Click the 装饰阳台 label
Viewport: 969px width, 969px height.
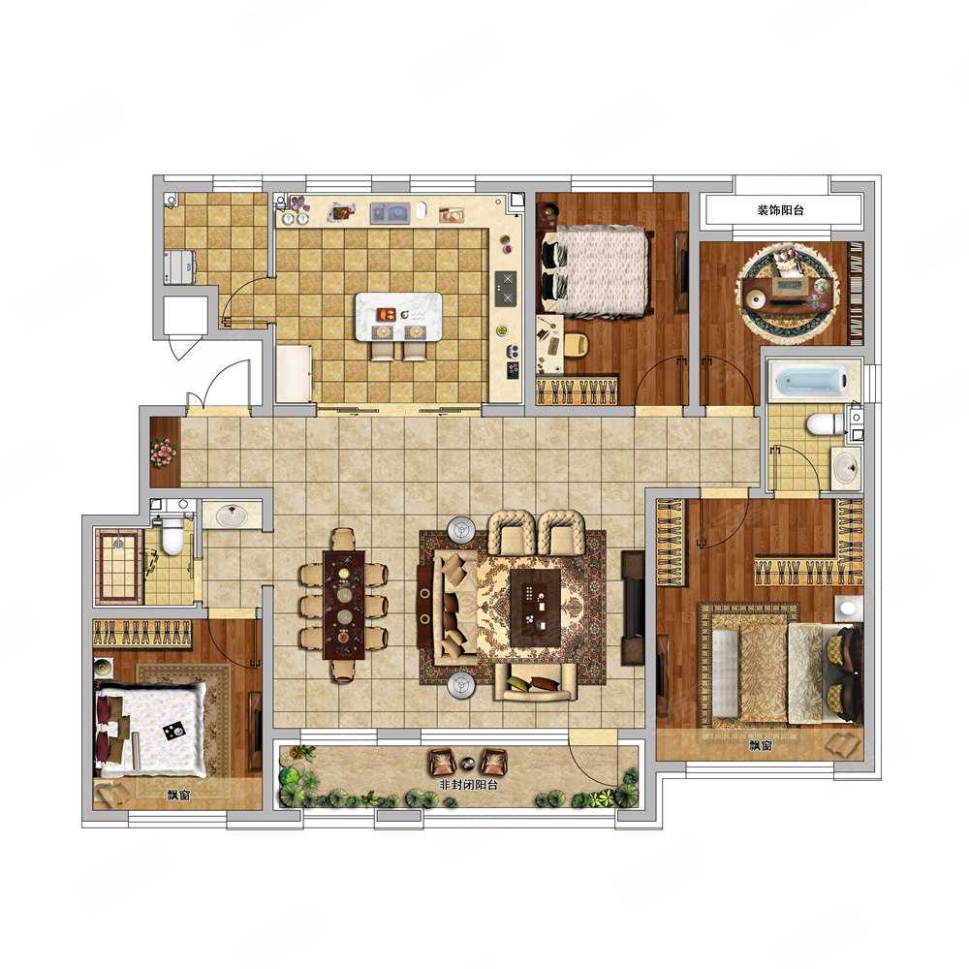780,210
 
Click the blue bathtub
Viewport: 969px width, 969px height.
811,381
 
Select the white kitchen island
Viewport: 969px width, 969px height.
398,316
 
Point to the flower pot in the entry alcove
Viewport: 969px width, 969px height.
164,453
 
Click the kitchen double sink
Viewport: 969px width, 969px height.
391,213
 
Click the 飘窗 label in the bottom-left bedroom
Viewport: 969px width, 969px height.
178,796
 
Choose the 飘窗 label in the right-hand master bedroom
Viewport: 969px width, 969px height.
761,746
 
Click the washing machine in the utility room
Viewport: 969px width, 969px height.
180,267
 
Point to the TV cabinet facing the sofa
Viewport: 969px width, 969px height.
632,608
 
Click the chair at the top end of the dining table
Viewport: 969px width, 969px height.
344,539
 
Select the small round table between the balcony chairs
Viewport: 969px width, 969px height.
468,762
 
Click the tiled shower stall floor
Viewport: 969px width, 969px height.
120,566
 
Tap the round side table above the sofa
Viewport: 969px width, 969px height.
462,529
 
